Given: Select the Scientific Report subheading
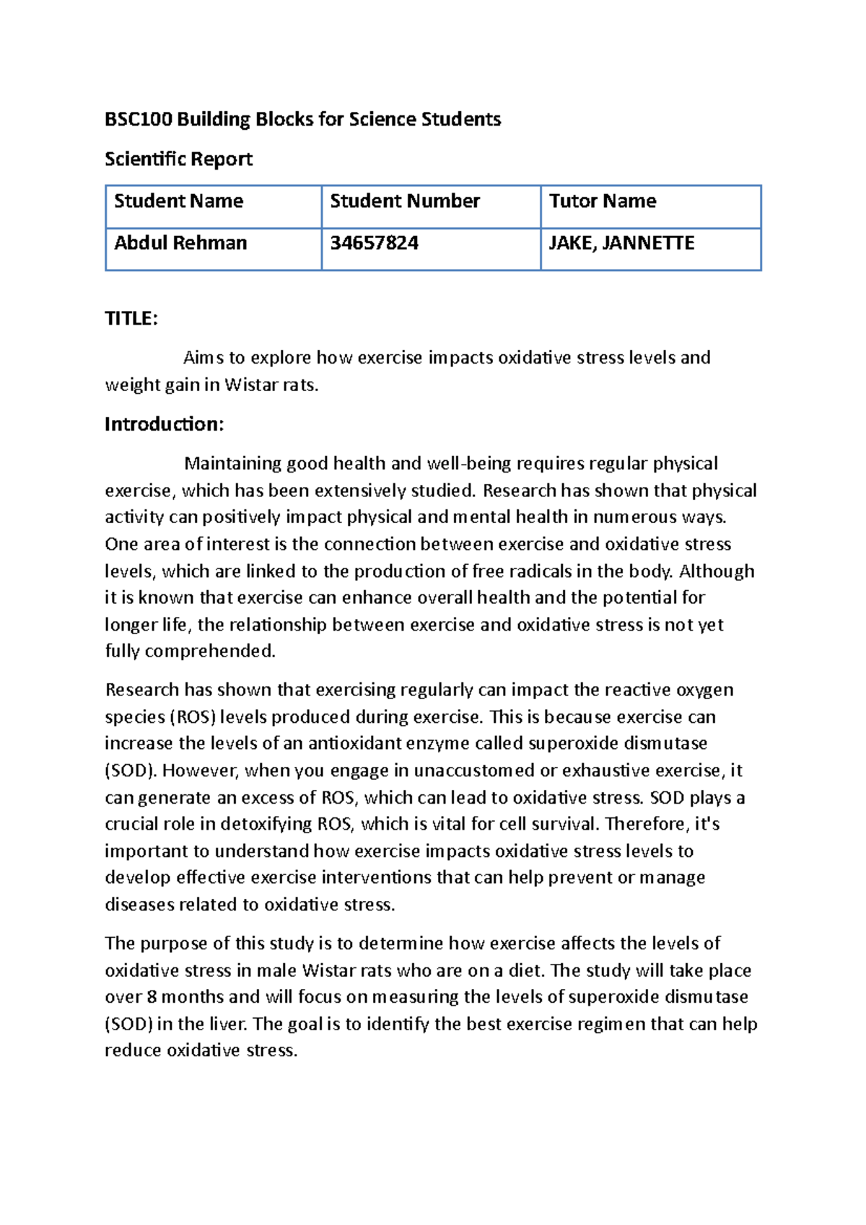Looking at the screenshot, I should (178, 159).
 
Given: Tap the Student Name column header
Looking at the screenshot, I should (178, 201).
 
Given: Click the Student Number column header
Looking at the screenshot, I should (404, 201).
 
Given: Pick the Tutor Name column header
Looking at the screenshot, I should (602, 201).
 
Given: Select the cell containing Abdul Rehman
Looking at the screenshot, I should (180, 243).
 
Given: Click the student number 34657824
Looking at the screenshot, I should (374, 243).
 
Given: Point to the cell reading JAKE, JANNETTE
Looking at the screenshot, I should (621, 243).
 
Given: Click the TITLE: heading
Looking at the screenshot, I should (131, 319).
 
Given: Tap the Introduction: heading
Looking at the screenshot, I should (164, 424).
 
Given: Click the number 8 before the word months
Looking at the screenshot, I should (151, 997).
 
